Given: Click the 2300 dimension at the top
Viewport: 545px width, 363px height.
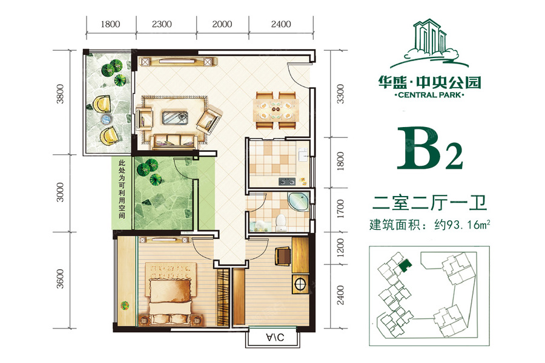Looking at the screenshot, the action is click(x=162, y=24).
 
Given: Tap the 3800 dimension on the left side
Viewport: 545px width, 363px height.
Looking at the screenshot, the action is click(x=61, y=94).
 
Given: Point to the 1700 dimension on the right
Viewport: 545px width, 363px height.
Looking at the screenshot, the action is click(x=340, y=209).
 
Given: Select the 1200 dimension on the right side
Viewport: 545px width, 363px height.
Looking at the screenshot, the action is click(x=340, y=247).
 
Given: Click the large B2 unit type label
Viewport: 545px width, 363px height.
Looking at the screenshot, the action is click(x=430, y=148).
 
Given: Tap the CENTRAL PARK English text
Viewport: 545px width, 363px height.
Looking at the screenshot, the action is click(x=429, y=95).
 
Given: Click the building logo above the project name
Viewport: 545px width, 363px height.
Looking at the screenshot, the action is click(x=429, y=43).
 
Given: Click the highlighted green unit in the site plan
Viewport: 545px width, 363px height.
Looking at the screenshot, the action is click(x=405, y=267).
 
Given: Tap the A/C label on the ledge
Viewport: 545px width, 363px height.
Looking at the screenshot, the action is click(x=275, y=337).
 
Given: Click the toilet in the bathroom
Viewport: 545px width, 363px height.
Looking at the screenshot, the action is click(x=280, y=223).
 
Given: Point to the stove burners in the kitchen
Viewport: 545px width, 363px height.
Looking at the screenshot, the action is click(x=287, y=181).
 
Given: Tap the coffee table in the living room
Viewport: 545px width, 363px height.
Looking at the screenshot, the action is click(x=175, y=117).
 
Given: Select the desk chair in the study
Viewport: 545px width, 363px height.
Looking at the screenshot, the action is click(x=283, y=256).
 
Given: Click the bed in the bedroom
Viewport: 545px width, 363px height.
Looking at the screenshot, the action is click(x=170, y=295).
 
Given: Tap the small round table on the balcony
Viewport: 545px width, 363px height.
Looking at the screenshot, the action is click(x=106, y=120).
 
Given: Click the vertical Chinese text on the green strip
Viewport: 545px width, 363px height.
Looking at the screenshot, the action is click(x=122, y=189).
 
